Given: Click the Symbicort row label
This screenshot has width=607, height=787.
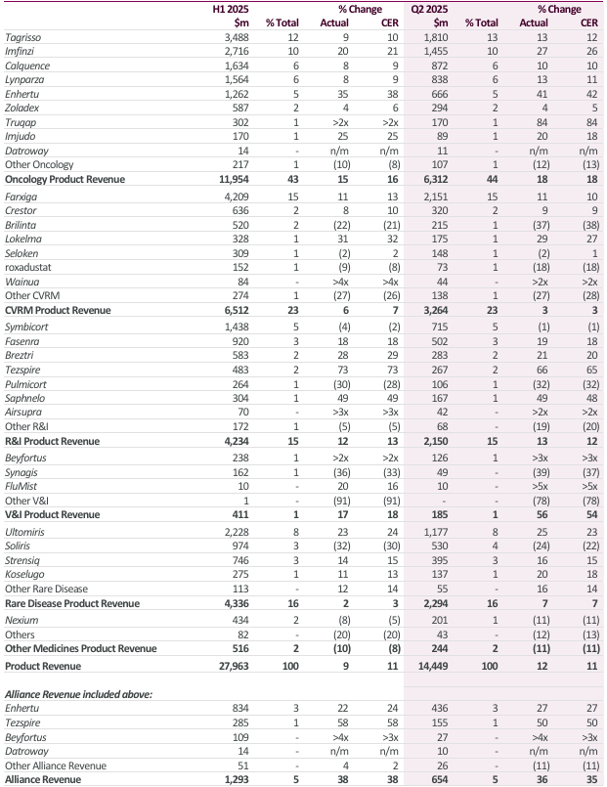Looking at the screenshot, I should pyautogui.click(x=28, y=324).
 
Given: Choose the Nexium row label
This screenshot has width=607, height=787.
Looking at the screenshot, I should pyautogui.click(x=23, y=618).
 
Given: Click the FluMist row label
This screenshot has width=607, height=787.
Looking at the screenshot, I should pyautogui.click(x=24, y=484).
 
